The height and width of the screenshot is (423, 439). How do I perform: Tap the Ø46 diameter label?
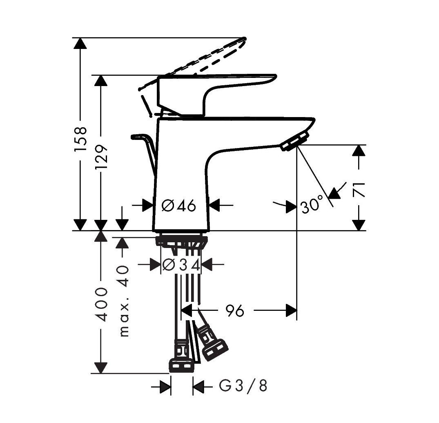coord(179,206)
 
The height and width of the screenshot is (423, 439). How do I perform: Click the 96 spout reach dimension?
coord(234,311)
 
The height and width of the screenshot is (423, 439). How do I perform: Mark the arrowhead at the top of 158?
coord(81,44)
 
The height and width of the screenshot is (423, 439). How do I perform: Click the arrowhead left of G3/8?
coord(165,386)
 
